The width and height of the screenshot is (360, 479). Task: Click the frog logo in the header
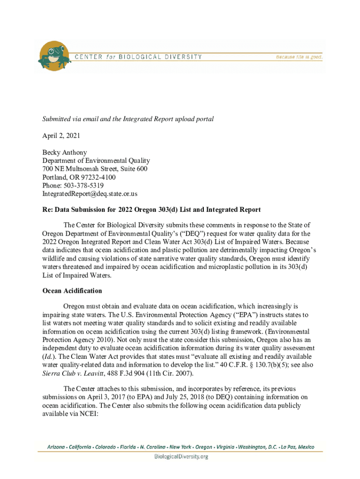pos(54,56)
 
